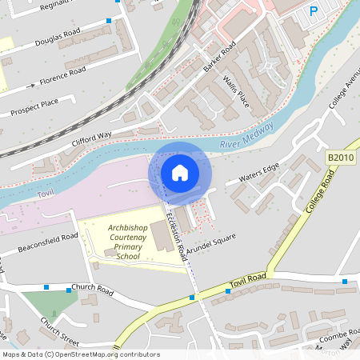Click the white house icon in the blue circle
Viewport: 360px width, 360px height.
pos(180,173)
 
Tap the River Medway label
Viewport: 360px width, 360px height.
pos(246,137)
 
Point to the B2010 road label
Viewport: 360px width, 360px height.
pos(340,160)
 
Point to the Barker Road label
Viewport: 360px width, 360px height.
pos(219,55)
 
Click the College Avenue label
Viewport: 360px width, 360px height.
pos(344,96)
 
